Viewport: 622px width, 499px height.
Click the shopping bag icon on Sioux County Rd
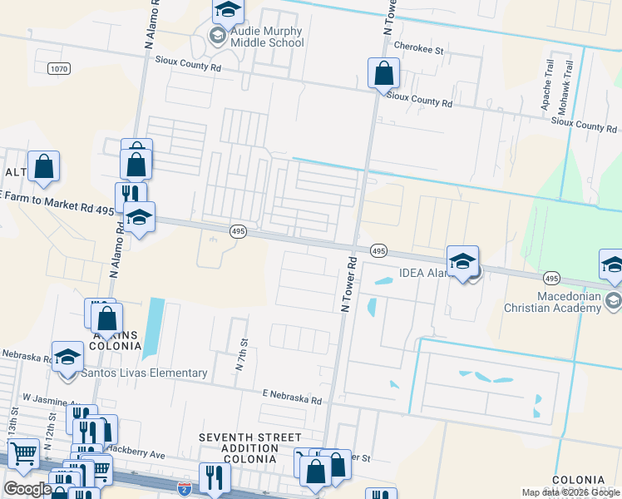(x=383, y=74)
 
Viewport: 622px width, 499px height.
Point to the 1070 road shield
(x=58, y=68)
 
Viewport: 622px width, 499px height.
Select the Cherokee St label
(x=420, y=49)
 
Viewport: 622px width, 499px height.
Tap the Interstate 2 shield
(x=185, y=487)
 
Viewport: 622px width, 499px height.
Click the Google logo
(x=28, y=489)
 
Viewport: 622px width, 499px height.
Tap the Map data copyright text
(x=570, y=492)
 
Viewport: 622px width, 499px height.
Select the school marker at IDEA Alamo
(x=462, y=262)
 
